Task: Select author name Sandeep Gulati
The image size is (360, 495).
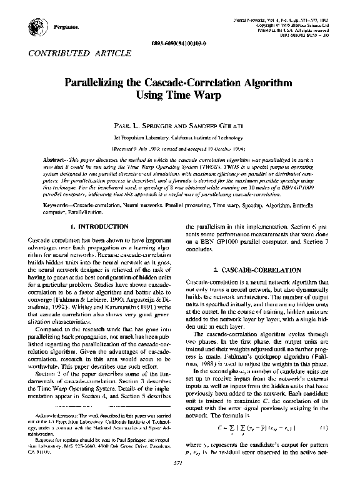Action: point(213,126)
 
